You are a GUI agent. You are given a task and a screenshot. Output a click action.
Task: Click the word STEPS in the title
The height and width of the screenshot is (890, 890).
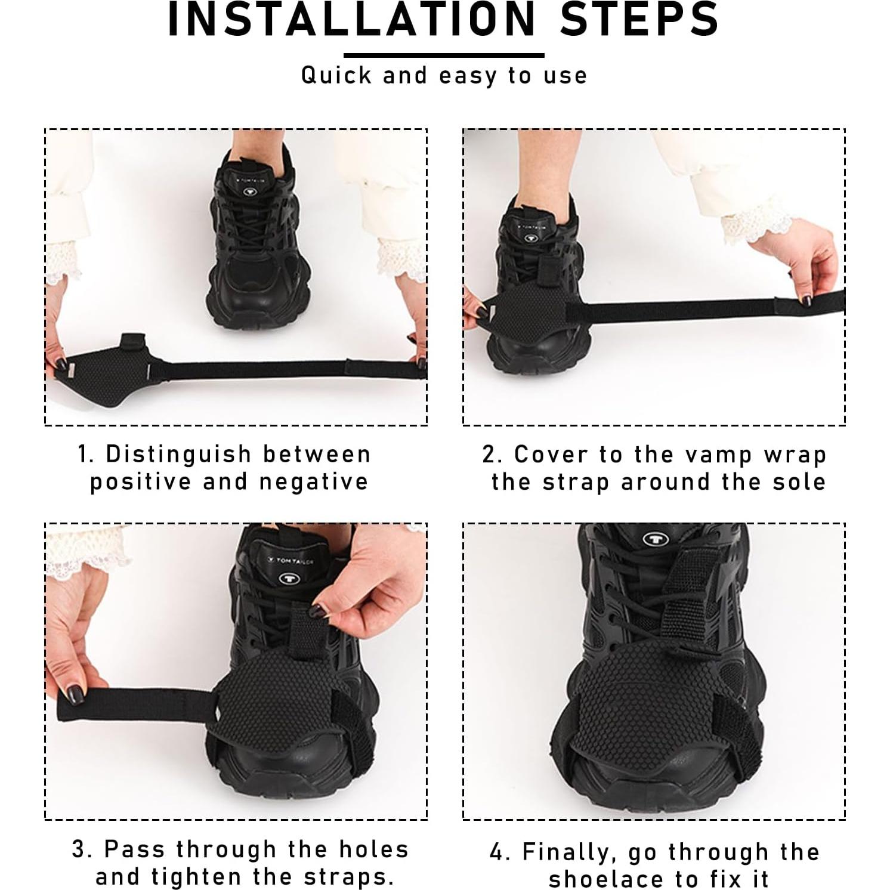click(639, 19)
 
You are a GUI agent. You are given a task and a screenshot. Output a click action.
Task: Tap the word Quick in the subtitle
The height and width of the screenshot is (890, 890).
click(336, 76)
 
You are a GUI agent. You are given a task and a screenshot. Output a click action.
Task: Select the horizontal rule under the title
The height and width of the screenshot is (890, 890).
click(444, 55)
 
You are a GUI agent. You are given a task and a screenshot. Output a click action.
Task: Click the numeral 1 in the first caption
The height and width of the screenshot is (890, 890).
click(84, 455)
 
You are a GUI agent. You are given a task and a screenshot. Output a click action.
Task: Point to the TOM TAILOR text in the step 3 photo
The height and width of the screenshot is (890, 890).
click(292, 561)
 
